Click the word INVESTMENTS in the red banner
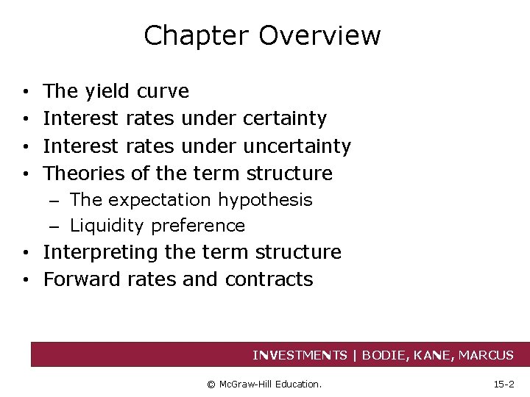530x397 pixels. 300,355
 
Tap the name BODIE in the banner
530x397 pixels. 389,355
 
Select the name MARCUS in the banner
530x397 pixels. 486,355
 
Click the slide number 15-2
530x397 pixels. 503,384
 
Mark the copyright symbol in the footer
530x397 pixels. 211,384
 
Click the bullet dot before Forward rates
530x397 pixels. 26,280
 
